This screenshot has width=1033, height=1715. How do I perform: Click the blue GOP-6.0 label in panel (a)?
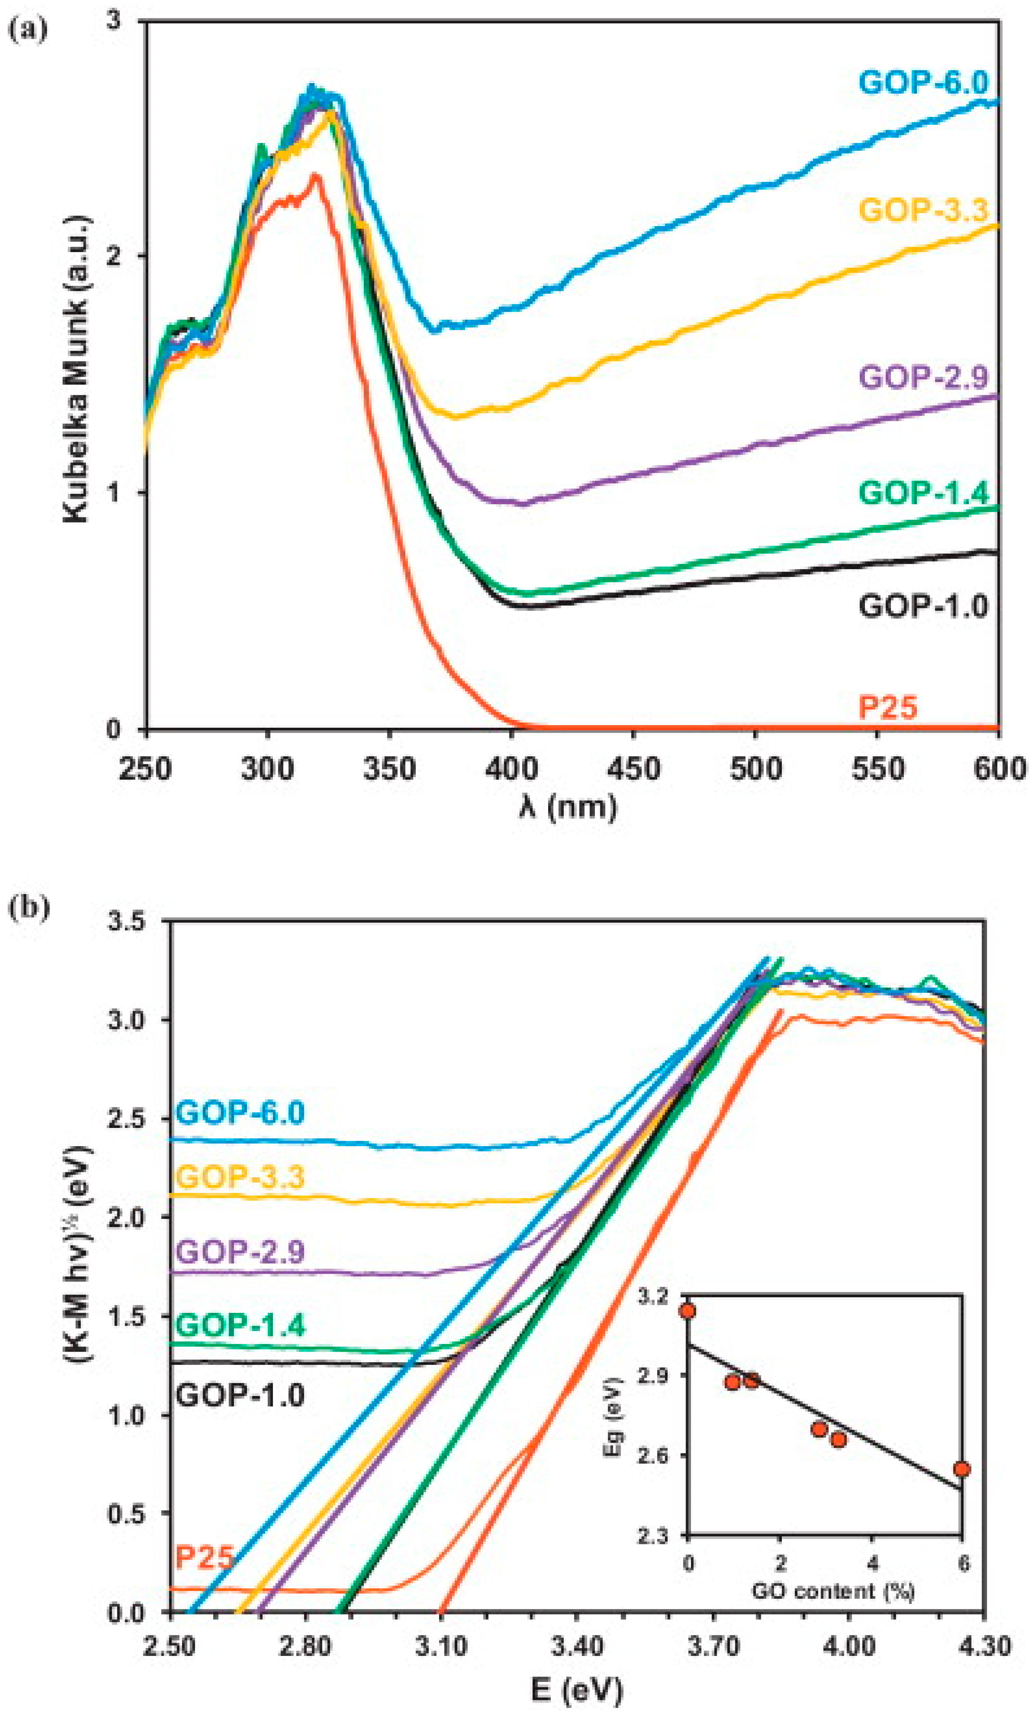click(923, 83)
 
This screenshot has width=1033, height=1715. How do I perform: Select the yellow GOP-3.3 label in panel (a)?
click(923, 209)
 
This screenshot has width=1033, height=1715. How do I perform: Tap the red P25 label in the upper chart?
click(887, 708)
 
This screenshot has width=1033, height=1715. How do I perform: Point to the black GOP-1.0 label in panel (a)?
click(923, 606)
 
